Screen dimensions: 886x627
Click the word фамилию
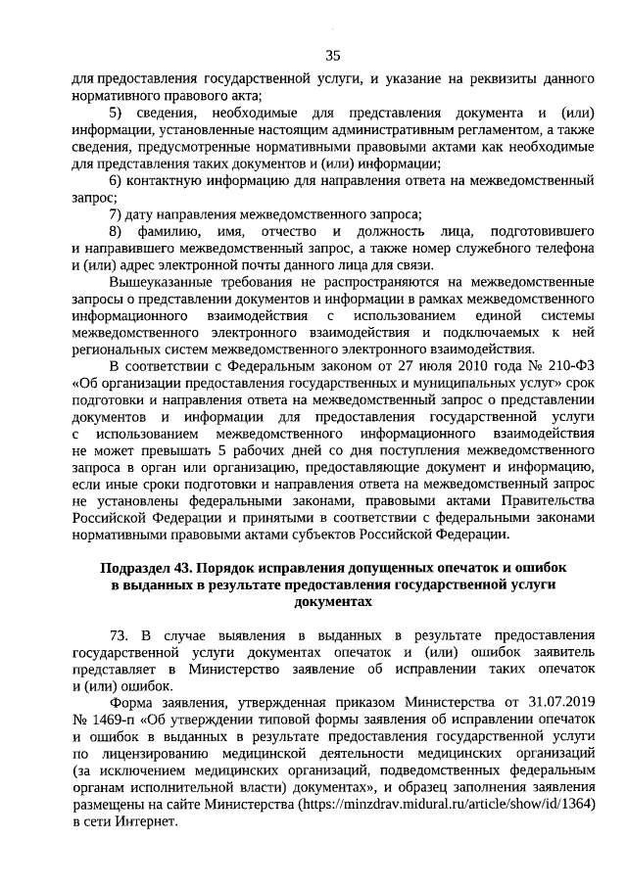(x=174, y=230)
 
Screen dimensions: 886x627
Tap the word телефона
(x=559, y=247)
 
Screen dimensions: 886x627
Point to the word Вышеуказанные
(x=165, y=281)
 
